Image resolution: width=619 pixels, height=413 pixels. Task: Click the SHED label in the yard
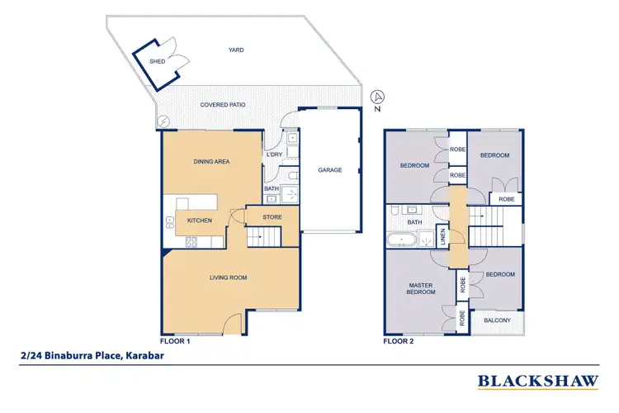(157, 61)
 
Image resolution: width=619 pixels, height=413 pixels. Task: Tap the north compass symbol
(377, 96)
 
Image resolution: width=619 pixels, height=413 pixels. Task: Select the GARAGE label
(330, 170)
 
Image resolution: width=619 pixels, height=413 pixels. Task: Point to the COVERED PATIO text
(223, 105)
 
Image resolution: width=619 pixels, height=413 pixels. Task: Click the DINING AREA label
(210, 162)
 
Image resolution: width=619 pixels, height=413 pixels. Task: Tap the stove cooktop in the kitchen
(192, 241)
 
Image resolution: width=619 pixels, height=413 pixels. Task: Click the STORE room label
(272, 217)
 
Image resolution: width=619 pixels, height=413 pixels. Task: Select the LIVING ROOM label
(228, 278)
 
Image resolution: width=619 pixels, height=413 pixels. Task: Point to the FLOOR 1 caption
(175, 339)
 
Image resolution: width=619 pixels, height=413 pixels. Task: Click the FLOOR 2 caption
(399, 339)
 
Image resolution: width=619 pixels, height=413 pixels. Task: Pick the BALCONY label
(496, 320)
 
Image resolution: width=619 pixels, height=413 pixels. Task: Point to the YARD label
(236, 50)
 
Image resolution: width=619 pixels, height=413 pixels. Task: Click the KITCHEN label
(200, 221)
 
